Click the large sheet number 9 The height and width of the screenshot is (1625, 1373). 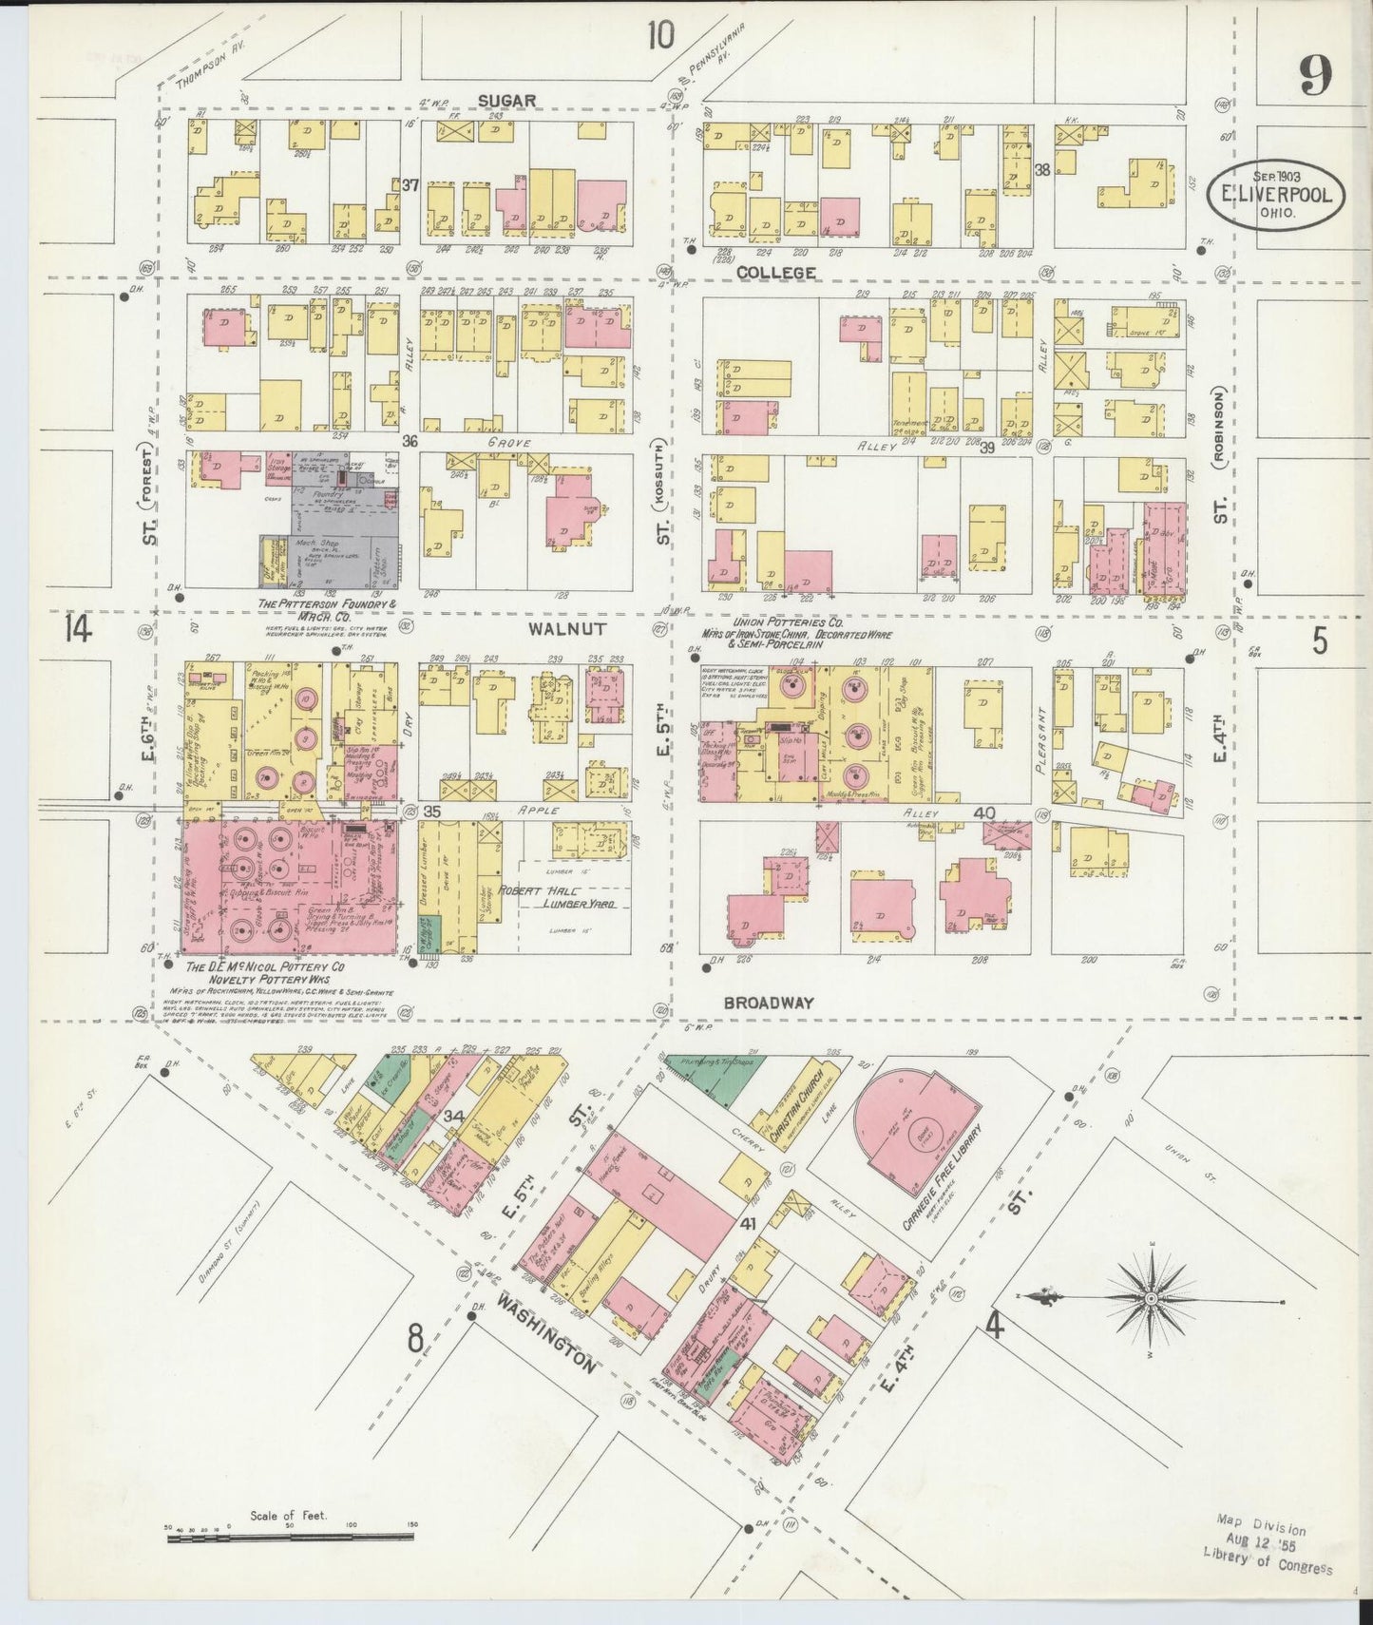tap(1315, 76)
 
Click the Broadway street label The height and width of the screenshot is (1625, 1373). tap(770, 1003)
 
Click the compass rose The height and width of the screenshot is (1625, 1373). tap(1150, 1297)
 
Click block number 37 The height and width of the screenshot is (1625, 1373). tap(410, 184)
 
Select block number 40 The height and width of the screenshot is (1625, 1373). tap(983, 813)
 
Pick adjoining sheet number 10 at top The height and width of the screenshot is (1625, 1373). tap(660, 36)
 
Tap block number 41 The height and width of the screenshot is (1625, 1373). tap(749, 1225)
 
